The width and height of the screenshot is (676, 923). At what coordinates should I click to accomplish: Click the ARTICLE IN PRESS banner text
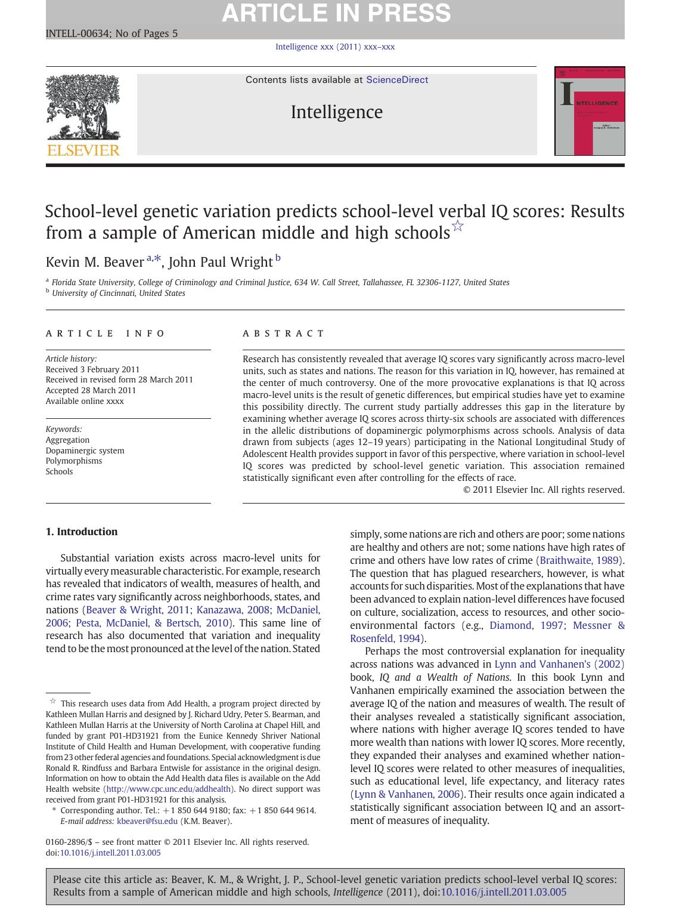click(336, 13)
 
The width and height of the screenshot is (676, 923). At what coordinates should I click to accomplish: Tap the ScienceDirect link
click(397, 80)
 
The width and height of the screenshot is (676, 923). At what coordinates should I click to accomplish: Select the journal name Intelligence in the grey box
click(336, 112)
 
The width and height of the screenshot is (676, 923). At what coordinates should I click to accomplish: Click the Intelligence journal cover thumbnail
click(589, 111)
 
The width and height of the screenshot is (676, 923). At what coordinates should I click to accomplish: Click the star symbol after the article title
click(458, 226)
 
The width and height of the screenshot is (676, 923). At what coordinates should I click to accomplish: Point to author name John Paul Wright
click(221, 262)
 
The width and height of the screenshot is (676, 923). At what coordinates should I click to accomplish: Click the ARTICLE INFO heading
click(106, 334)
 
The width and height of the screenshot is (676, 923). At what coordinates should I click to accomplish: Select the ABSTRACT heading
click(283, 334)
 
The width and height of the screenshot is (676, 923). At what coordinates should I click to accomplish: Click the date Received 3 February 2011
click(92, 369)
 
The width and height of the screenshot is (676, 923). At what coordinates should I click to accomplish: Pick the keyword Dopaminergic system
click(85, 450)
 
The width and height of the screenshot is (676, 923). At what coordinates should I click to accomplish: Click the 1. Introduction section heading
click(82, 532)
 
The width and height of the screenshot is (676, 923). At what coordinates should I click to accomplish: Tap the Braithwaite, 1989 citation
click(580, 560)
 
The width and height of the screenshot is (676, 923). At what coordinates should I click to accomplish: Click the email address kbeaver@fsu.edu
click(147, 821)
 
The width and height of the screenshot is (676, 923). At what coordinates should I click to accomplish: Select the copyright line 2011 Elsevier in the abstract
click(544, 490)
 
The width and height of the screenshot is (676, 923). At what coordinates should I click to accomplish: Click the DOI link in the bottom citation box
click(503, 893)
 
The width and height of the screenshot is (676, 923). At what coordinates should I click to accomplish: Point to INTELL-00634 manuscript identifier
click(77, 33)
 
